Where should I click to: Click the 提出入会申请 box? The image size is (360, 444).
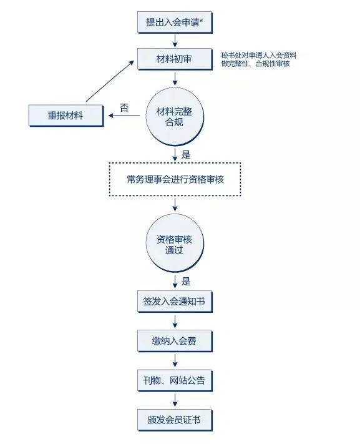pyautogui.click(x=175, y=22)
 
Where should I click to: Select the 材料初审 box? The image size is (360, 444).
pyautogui.click(x=175, y=59)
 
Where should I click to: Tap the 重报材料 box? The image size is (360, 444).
pyautogui.click(x=66, y=116)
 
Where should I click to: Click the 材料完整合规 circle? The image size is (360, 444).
pyautogui.click(x=175, y=116)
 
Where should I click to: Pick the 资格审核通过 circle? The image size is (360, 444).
pyautogui.click(x=175, y=244)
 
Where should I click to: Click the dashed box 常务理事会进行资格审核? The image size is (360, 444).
pyautogui.click(x=175, y=179)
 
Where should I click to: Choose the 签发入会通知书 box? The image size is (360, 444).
pyautogui.click(x=175, y=301)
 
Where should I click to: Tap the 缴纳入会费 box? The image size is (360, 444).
pyautogui.click(x=175, y=341)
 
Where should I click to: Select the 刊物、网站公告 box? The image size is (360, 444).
pyautogui.click(x=175, y=380)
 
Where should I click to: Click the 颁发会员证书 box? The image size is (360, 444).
pyautogui.click(x=175, y=420)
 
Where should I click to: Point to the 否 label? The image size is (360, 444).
pyautogui.click(x=124, y=107)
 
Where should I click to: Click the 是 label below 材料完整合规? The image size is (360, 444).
pyautogui.click(x=186, y=155)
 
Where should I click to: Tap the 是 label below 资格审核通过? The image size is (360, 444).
pyautogui.click(x=186, y=282)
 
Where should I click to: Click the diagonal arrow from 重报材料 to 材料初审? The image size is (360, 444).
pyautogui.click(x=110, y=81)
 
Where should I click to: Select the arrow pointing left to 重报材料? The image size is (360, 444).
pyautogui.click(x=124, y=116)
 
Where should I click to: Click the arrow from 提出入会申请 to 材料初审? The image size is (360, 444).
pyautogui.click(x=175, y=41)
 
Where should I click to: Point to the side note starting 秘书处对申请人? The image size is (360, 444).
pyautogui.click(x=258, y=59)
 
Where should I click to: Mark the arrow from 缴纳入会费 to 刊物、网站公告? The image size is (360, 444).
pyautogui.click(x=175, y=360)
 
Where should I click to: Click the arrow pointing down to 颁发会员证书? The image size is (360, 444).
pyautogui.click(x=175, y=400)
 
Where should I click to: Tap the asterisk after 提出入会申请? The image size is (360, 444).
pyautogui.click(x=202, y=21)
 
